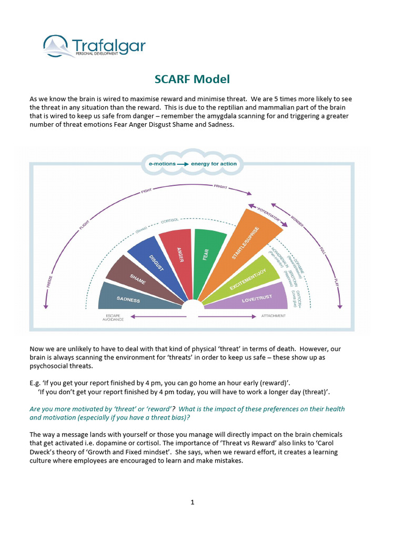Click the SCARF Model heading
click(x=192, y=79)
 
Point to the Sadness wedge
click(x=128, y=299)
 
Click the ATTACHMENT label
click(x=273, y=316)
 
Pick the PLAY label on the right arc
click(x=336, y=282)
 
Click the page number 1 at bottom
click(x=193, y=502)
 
